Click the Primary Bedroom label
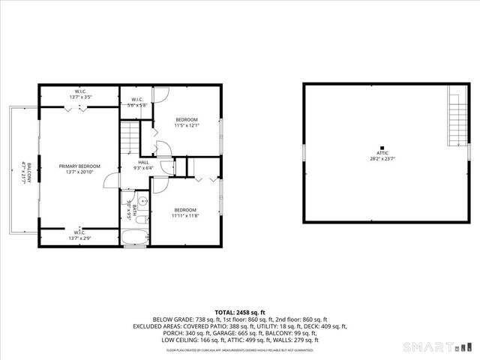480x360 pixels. click(79, 166)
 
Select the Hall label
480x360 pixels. click(142, 162)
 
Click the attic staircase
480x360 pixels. click(454, 117)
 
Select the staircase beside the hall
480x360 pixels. click(130, 139)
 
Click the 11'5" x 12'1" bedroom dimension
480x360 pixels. click(187, 126)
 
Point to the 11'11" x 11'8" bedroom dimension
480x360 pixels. click(184, 216)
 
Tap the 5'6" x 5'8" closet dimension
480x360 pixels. click(137, 106)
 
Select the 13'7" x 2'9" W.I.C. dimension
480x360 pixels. click(79, 238)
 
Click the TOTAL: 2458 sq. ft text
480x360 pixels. click(240, 312)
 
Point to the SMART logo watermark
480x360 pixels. click(439, 347)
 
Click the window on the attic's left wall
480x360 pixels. click(304, 152)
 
